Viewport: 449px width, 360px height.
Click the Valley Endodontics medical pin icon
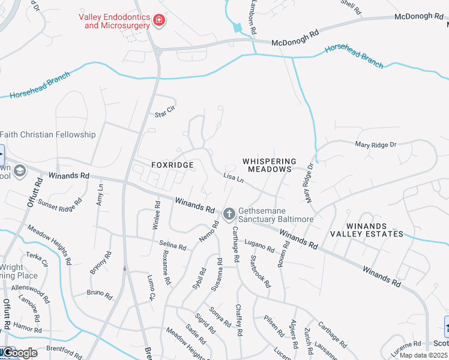point(159,21)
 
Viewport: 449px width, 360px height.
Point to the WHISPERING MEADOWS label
point(270,166)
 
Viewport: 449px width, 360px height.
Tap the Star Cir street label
point(164,113)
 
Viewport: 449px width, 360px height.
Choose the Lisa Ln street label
point(233,178)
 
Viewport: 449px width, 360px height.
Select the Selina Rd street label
point(172,245)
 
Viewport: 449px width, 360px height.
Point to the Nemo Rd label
point(206,232)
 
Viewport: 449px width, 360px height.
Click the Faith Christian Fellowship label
point(48,134)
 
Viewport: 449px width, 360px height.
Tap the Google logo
point(19,353)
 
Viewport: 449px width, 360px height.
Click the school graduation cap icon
point(19,172)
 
